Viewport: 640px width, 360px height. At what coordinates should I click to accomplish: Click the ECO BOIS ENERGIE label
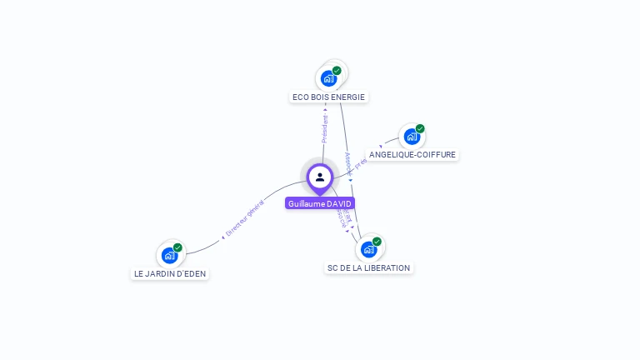[x=328, y=97]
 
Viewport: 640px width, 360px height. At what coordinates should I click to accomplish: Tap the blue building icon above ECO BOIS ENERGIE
[x=329, y=78]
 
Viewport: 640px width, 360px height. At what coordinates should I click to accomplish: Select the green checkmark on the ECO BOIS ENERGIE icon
[x=337, y=71]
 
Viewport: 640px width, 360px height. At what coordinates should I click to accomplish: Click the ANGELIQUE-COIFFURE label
[x=412, y=154]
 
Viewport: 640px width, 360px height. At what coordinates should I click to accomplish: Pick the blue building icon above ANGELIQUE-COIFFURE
[x=410, y=137]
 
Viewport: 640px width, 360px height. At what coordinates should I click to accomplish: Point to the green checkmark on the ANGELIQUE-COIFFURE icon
[x=420, y=129]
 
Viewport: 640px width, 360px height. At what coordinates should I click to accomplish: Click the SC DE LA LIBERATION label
[x=368, y=267]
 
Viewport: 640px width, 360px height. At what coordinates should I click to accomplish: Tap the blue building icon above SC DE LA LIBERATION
[x=368, y=249]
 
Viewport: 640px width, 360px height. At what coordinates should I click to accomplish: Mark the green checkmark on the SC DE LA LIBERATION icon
[x=377, y=242]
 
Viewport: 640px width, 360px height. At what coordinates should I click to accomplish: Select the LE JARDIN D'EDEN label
[x=170, y=273]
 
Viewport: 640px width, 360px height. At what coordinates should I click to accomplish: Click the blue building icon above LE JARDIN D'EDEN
[x=169, y=255]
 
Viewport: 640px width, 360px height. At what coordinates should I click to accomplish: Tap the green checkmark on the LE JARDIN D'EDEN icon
[x=177, y=247]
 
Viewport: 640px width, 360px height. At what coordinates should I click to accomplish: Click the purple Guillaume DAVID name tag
[x=320, y=203]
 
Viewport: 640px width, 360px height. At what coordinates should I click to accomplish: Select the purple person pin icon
[x=320, y=177]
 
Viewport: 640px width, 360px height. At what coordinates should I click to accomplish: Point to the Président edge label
[x=325, y=128]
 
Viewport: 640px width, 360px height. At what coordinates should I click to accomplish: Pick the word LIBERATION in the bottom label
[x=387, y=267]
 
